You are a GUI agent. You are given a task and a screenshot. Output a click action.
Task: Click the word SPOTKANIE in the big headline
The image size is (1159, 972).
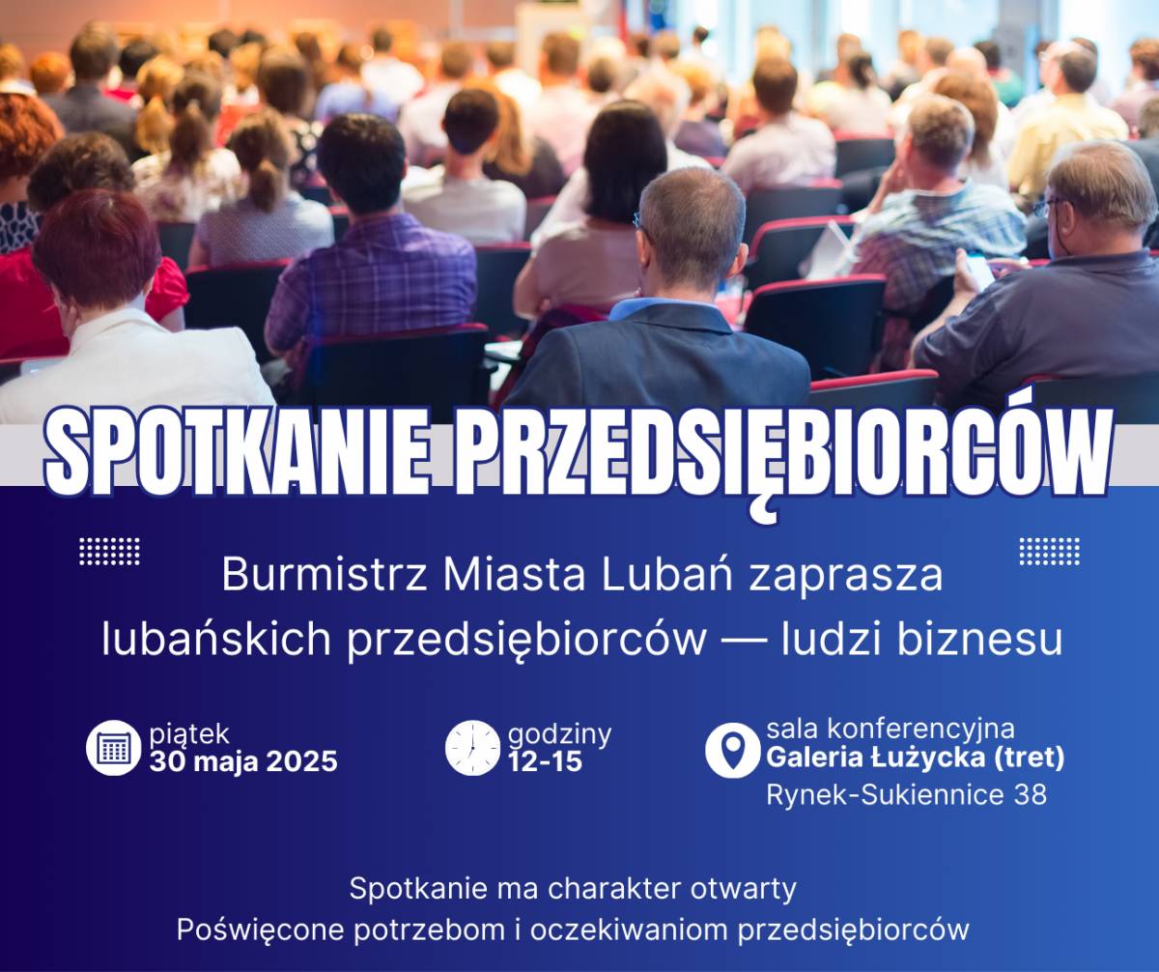[239, 454]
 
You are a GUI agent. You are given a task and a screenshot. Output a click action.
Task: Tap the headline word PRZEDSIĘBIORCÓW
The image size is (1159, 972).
[782, 458]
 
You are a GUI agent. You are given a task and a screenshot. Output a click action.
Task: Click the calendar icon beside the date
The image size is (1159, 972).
[114, 748]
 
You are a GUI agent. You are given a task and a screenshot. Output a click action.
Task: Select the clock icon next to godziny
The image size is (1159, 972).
[473, 748]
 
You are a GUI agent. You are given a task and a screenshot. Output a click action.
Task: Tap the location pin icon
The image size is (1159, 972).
[733, 750]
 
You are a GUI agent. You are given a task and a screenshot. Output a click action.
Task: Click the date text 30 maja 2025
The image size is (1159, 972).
[243, 761]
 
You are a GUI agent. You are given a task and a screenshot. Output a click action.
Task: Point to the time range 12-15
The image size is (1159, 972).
[545, 761]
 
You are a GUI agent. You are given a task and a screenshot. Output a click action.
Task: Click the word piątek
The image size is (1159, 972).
[189, 734]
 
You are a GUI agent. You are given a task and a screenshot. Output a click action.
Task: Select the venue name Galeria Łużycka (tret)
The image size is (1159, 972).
[916, 758]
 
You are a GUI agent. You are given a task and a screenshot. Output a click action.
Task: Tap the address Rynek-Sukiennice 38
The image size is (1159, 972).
[907, 794]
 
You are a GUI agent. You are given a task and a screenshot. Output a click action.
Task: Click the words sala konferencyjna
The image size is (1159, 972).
[890, 729]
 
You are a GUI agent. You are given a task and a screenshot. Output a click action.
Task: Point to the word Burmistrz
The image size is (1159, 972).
[325, 575]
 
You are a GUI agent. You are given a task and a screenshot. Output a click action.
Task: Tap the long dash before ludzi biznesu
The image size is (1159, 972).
[745, 641]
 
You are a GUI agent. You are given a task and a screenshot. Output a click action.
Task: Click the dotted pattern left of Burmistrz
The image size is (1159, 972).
[109, 552]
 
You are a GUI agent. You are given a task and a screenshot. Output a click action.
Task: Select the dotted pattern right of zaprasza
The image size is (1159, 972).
[1050, 551]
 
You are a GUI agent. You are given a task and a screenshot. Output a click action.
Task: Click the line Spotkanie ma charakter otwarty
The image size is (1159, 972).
[573, 889]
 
